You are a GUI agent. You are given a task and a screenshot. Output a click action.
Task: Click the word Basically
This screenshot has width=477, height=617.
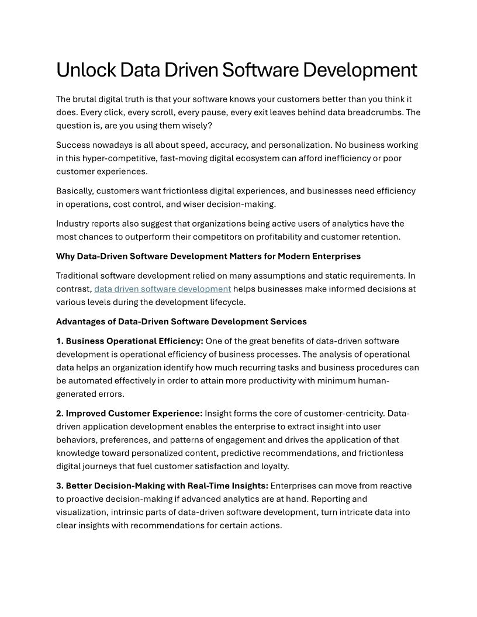coord(75,191)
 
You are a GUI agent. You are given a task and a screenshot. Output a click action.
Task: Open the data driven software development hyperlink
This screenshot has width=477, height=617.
coord(163,289)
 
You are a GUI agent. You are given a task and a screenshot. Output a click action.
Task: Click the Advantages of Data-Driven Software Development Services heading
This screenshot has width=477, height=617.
coord(181,321)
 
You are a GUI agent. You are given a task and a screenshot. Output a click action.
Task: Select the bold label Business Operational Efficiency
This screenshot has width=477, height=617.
coord(134,341)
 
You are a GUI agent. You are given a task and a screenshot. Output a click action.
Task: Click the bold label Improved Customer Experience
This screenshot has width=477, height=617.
coord(134,414)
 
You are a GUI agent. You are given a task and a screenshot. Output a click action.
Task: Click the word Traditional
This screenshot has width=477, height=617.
coord(79,275)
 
